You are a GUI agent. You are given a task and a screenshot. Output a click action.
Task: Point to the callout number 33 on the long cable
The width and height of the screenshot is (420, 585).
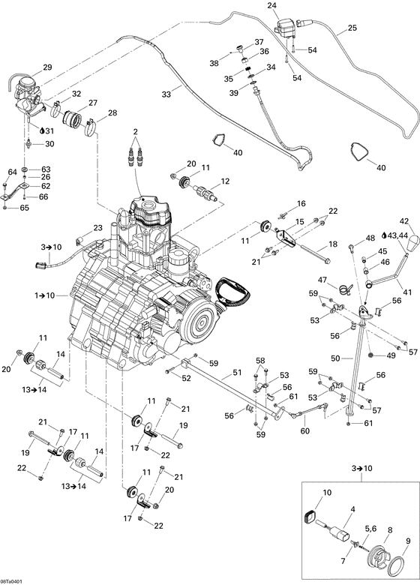point(166,94)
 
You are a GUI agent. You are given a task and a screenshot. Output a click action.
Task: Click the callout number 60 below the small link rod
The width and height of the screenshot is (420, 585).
point(304,431)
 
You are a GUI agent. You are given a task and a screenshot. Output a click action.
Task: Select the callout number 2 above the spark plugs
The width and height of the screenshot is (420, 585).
point(136,132)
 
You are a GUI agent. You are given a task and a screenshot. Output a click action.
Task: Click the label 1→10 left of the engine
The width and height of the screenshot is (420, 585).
point(45,276)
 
